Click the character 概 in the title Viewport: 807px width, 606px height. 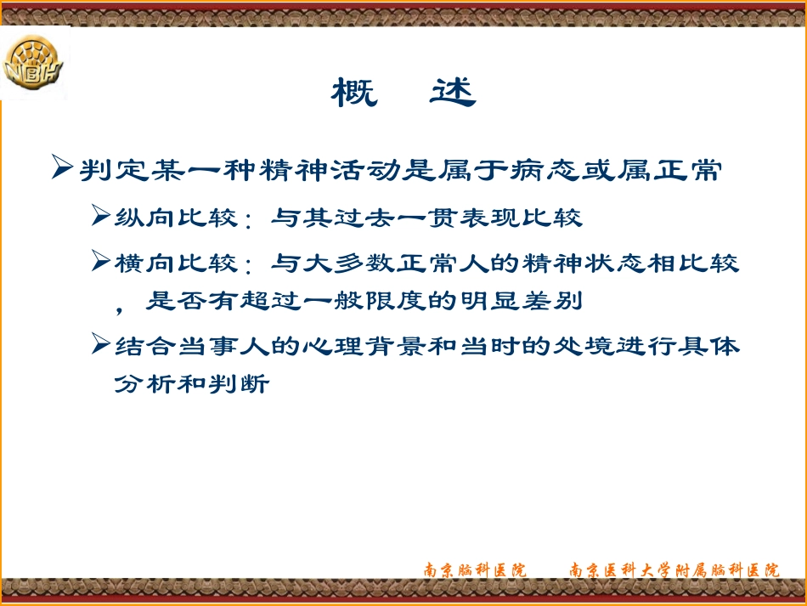click(x=354, y=93)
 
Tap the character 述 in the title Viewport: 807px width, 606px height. click(x=452, y=93)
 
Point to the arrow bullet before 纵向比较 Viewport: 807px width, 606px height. click(x=101, y=217)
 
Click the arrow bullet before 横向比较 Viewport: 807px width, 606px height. click(x=101, y=262)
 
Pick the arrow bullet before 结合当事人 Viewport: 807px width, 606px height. click(x=101, y=345)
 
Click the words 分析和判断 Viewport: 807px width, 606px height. click(x=192, y=384)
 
